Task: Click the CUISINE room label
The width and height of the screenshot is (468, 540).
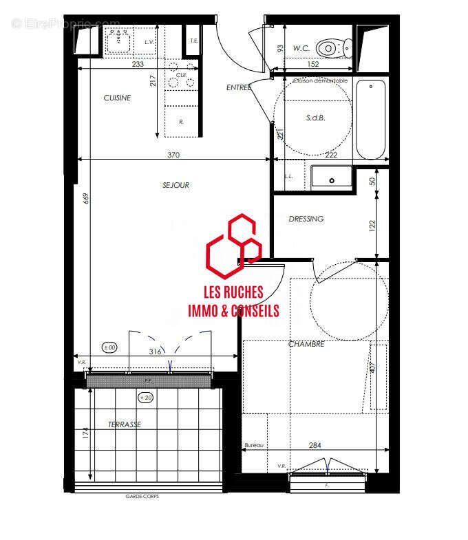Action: tap(117, 98)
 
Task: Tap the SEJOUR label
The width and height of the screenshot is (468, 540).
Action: tap(175, 185)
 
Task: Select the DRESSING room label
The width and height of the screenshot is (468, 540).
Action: tap(306, 219)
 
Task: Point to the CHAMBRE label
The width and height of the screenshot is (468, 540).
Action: tap(306, 344)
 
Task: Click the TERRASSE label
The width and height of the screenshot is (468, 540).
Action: tap(125, 425)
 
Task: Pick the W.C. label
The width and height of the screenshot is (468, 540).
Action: tap(300, 48)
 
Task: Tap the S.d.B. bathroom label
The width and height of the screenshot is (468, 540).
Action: tap(315, 118)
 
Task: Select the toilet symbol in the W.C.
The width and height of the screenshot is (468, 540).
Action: tap(334, 47)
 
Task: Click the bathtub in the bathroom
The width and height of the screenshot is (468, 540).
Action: tap(370, 119)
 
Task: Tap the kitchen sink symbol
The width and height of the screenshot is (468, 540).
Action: tap(119, 41)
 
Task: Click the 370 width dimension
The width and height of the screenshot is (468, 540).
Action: tap(173, 155)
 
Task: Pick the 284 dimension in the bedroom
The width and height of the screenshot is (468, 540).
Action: tap(315, 446)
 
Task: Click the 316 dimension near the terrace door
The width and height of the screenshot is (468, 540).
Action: tap(155, 352)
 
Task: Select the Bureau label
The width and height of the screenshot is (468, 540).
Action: tap(254, 446)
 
